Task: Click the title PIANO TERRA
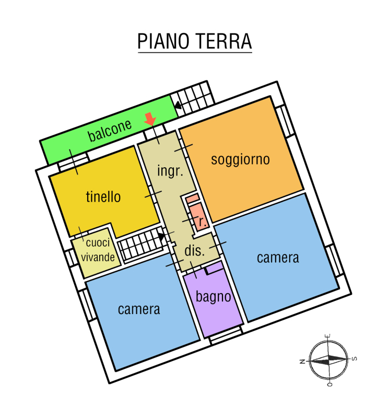(194, 41)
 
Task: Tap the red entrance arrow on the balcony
(150, 119)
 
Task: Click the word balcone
(110, 130)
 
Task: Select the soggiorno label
(240, 160)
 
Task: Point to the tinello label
(103, 197)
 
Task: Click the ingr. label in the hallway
(170, 171)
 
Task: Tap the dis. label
(195, 251)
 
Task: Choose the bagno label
(213, 297)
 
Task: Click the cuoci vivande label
(98, 250)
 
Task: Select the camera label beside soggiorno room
(278, 258)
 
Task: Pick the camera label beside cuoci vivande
(139, 309)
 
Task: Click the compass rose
(328, 360)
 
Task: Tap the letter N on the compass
(302, 362)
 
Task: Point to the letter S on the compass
(355, 359)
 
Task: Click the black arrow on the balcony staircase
(178, 106)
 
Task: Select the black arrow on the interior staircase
(161, 236)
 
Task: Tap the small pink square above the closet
(192, 199)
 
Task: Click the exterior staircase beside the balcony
(192, 98)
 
